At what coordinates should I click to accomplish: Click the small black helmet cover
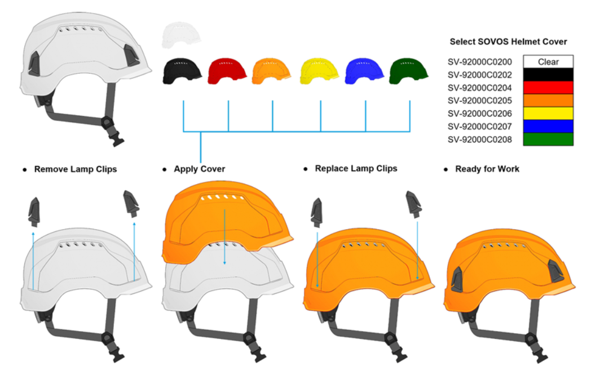pos(182,71)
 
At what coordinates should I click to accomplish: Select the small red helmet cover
pos(227,71)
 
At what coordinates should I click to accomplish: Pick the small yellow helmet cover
pos(319,71)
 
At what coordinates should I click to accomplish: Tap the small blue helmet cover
pos(364,71)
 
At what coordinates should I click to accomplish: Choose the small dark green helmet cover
pos(409,71)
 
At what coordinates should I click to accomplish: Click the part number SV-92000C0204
pos(479,88)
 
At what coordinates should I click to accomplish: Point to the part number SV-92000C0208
pos(479,139)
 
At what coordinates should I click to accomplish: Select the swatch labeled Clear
pos(548,61)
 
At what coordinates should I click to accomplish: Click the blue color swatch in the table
pos(548,126)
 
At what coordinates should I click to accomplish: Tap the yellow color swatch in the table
pos(548,114)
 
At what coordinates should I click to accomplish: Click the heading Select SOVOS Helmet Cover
pos(508,42)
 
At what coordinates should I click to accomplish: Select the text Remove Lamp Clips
pos(76,169)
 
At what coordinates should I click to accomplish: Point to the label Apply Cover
pos(199,169)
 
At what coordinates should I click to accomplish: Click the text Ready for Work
pos(487,169)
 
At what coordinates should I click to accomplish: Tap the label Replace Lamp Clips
pos(356,168)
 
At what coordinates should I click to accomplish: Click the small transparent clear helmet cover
pos(181,35)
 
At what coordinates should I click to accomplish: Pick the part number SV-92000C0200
pos(479,62)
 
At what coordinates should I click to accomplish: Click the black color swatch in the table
pos(548,75)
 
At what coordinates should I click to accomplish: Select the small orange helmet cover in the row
pos(271,71)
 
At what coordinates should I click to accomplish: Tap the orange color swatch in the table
pos(548,100)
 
